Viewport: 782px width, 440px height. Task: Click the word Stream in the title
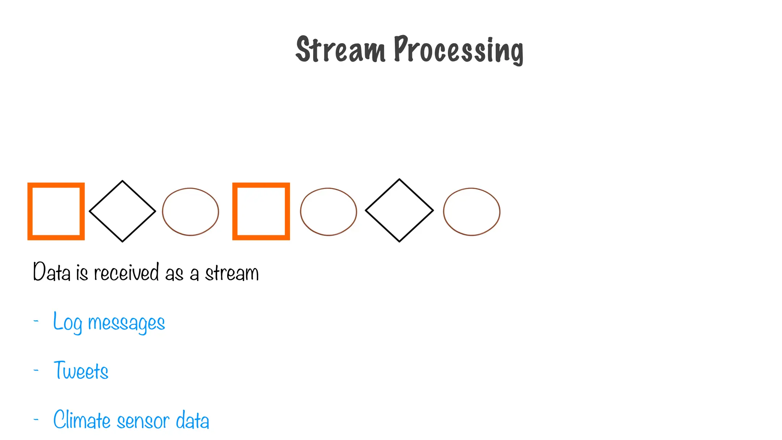click(340, 50)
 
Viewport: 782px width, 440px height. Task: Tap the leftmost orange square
click(56, 211)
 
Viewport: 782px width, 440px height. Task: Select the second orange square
click(261, 211)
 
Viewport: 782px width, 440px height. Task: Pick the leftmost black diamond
click(122, 211)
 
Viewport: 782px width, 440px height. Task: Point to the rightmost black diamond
click(399, 210)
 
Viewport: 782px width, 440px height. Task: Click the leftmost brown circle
click(191, 212)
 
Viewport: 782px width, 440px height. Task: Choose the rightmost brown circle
click(472, 212)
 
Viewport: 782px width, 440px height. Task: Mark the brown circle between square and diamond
click(328, 212)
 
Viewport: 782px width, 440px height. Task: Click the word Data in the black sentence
click(52, 272)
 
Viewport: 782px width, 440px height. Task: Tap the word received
click(126, 272)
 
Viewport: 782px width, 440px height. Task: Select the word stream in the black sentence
click(232, 273)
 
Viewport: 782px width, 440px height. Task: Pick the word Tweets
click(81, 370)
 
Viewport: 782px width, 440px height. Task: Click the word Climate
click(82, 420)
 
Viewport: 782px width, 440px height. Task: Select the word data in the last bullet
click(192, 420)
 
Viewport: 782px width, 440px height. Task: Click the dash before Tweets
click(36, 370)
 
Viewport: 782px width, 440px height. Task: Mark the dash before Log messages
click(36, 321)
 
